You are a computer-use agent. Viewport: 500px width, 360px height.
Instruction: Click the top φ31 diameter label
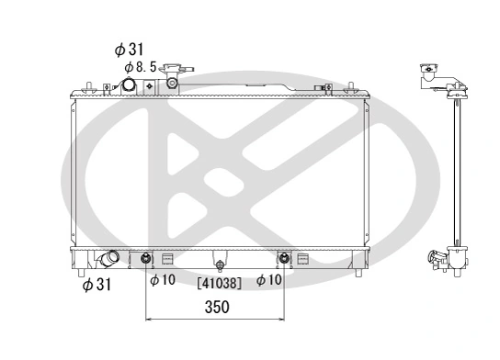coord(131,49)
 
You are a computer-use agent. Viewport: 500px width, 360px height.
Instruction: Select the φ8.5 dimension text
coord(141,66)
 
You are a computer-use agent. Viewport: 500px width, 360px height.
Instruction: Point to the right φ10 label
coord(268,280)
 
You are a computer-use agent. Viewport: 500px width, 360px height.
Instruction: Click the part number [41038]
coord(220,284)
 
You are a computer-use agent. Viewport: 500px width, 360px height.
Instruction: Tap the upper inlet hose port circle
coord(131,85)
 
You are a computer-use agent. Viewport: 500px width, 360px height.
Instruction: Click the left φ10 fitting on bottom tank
coord(146,258)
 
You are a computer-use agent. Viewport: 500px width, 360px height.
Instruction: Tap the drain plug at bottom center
coord(218,261)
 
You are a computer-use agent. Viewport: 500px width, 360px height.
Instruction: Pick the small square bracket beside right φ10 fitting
coord(304,257)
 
